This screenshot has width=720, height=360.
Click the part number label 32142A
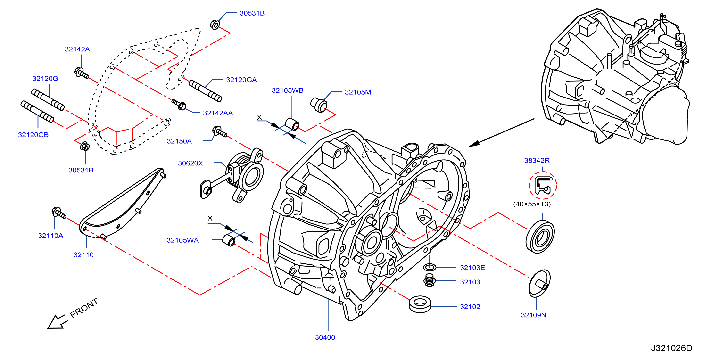tap(77, 49)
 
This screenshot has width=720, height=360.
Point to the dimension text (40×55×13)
tap(532, 204)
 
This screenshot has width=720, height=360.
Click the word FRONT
tap(84, 308)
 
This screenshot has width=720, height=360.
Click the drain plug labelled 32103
tap(430, 280)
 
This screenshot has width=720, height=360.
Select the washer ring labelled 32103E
tap(430, 267)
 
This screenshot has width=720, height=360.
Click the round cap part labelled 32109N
tap(539, 283)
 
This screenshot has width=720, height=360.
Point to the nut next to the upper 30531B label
tap(215, 25)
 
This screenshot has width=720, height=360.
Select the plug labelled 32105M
tap(319, 105)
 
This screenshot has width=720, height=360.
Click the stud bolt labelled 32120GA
tap(205, 90)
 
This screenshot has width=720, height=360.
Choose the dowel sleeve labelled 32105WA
tap(229, 241)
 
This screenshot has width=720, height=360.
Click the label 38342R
tap(537, 160)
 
